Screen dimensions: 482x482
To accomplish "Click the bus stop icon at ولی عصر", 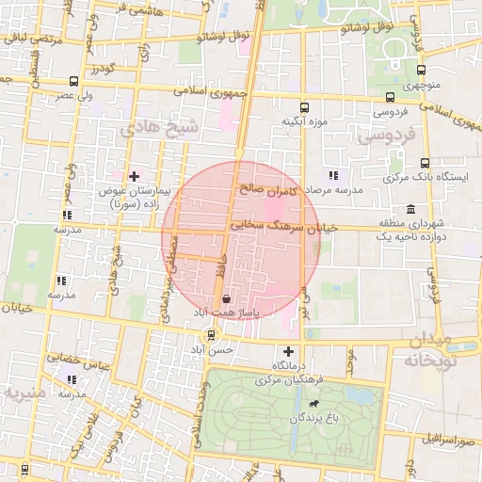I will click(74, 82).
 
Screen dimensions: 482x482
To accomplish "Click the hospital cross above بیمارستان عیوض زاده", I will click(134, 176).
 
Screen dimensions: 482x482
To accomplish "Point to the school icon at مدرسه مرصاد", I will click(332, 175).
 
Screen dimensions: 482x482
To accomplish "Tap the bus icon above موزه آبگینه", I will click(303, 107).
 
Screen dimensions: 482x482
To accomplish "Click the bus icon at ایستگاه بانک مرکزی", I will click(426, 163).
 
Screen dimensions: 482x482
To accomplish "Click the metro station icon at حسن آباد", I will click(210, 334).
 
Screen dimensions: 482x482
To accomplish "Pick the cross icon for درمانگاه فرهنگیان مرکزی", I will click(289, 351).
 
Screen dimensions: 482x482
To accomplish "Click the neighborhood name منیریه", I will click(24, 392).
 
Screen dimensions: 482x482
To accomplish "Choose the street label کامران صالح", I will click(268, 190).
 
